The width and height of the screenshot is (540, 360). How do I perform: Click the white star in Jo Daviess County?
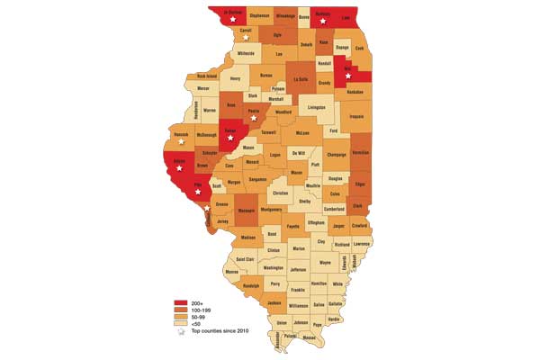coord(233,18)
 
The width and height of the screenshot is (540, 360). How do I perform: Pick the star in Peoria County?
coord(255,117)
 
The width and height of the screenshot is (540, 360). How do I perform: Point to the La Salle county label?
coord(301,78)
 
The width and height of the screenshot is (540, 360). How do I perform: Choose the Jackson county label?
coord(274,303)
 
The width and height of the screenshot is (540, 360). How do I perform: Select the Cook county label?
coord(360,48)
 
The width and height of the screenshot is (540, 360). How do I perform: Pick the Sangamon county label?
coord(257,180)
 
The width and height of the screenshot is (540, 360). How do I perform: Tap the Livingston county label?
coord(316,106)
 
